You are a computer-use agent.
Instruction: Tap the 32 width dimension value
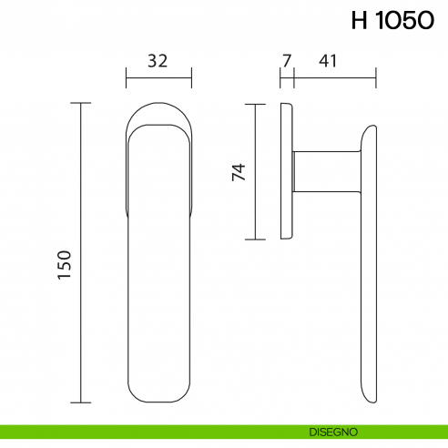point(158,62)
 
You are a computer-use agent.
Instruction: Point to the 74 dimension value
point(239,172)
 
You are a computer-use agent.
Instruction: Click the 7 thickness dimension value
point(287,62)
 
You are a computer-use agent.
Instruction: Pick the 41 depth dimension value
point(329,62)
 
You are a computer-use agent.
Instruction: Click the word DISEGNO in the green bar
point(332,430)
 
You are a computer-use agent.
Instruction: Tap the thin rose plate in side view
point(288,172)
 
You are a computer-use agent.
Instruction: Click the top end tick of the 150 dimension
point(82,104)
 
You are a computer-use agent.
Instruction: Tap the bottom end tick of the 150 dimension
point(82,402)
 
